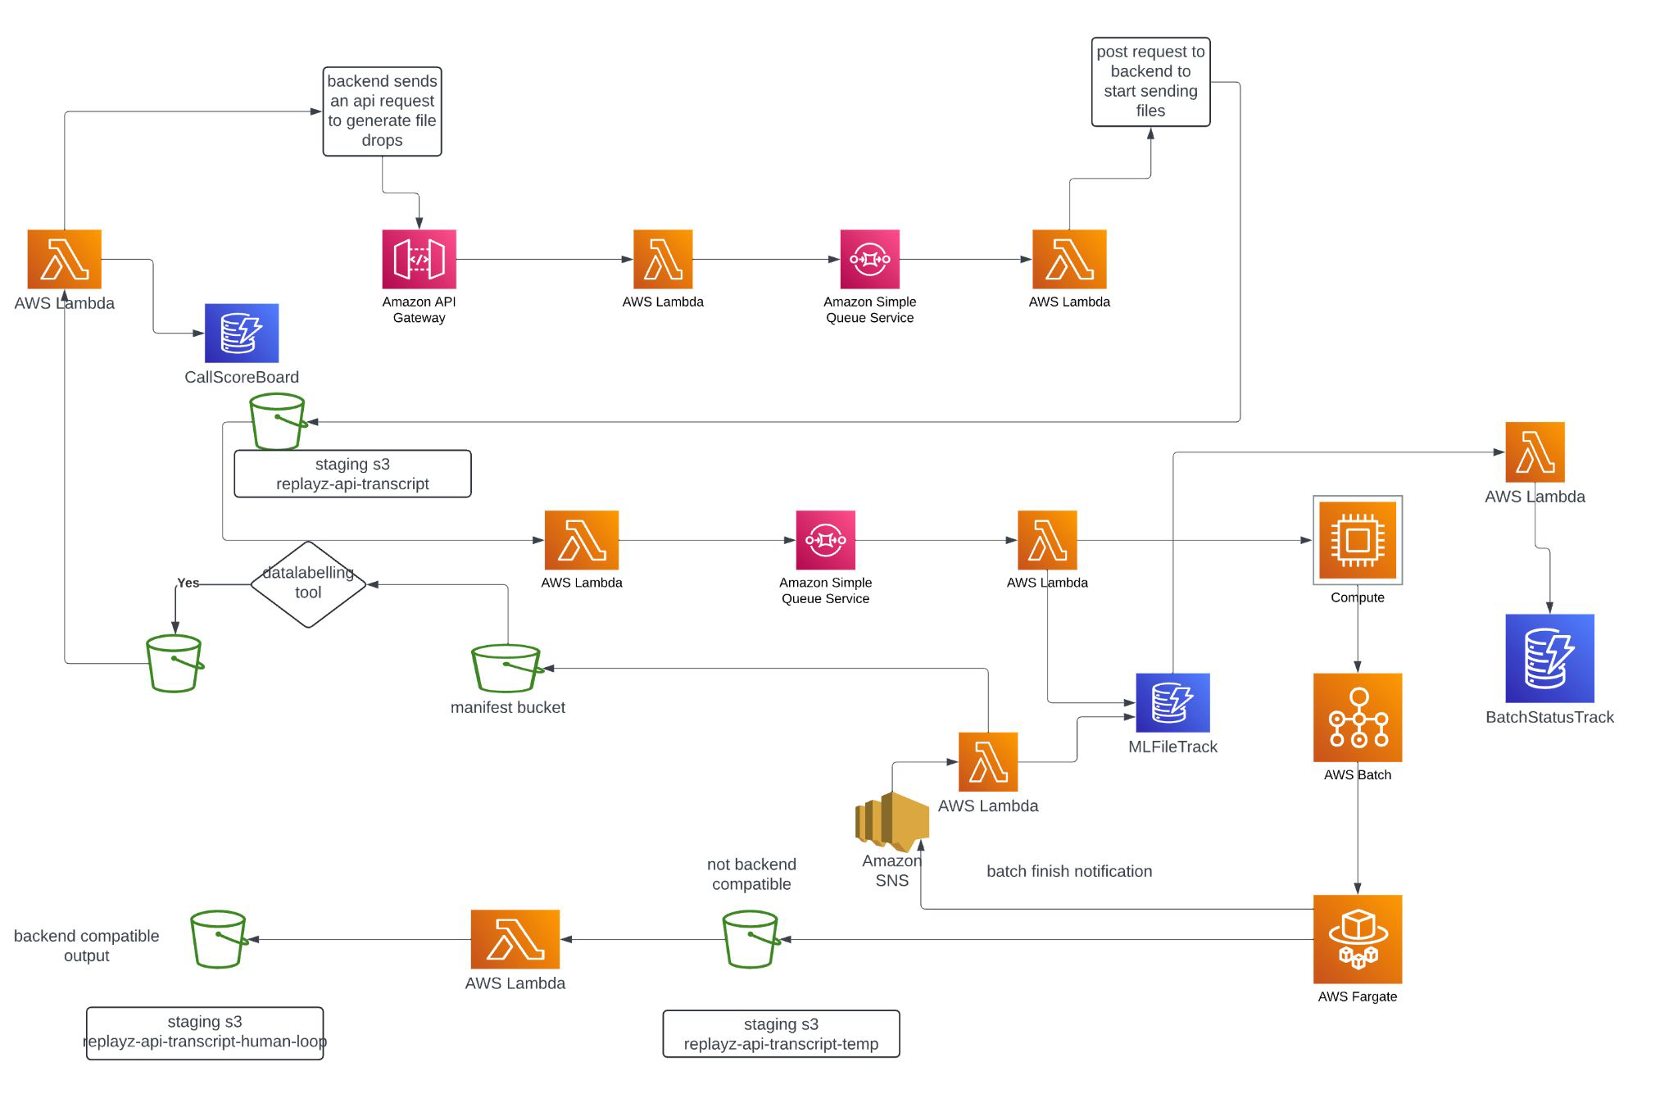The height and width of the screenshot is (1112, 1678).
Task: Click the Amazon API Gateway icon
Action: click(x=419, y=259)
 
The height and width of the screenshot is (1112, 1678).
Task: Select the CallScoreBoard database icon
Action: click(x=242, y=333)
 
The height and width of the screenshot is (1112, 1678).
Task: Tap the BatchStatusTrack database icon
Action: click(x=1549, y=658)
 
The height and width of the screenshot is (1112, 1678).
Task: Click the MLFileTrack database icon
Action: click(x=1172, y=702)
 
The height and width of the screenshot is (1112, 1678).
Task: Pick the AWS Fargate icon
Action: click(x=1357, y=939)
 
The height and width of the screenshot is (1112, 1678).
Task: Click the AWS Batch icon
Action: click(x=1357, y=718)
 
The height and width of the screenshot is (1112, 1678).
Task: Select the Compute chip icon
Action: click(x=1357, y=540)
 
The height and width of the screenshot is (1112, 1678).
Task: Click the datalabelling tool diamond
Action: click(x=308, y=583)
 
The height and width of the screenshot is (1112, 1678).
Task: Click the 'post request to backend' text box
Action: click(x=1150, y=82)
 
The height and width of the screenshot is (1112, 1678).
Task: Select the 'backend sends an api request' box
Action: click(x=382, y=111)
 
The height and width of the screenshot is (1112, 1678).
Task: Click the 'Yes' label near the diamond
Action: click(x=188, y=583)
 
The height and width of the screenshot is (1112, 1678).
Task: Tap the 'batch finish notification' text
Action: click(x=1068, y=871)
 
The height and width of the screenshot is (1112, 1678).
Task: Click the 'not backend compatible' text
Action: click(x=751, y=874)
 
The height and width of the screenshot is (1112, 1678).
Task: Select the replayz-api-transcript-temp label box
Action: click(x=781, y=1034)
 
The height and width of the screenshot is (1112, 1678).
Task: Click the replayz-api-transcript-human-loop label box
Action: click(x=205, y=1033)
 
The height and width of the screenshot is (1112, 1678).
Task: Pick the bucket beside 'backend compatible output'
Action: click(x=219, y=939)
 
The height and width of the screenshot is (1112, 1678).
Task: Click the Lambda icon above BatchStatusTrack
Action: click(x=1535, y=452)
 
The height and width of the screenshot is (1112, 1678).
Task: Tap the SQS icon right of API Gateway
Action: click(x=869, y=259)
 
